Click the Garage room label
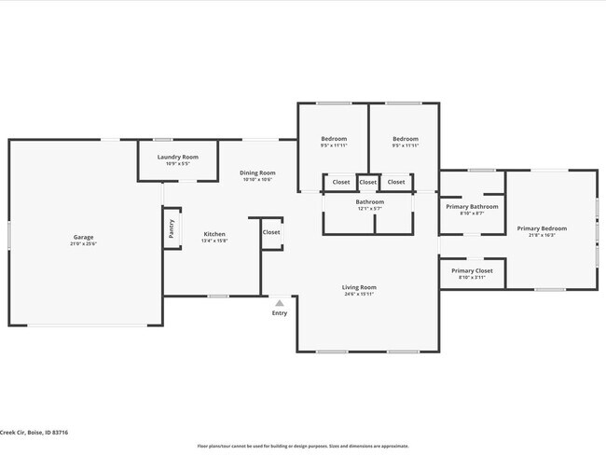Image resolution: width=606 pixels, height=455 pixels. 83,237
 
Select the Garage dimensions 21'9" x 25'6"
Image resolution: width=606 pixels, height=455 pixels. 83,244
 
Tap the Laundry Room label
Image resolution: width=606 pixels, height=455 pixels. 177,157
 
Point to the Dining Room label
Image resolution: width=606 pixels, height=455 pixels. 257,172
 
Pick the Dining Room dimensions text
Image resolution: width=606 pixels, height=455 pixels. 257,180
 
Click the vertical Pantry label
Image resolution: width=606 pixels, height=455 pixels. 172,228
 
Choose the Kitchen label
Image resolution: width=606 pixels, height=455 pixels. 214,233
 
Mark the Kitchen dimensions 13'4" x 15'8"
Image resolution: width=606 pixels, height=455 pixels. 214,241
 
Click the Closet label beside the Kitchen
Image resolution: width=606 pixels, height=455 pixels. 271,232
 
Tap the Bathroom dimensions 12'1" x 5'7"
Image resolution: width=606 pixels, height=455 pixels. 369,209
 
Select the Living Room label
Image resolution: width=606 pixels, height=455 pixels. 359,287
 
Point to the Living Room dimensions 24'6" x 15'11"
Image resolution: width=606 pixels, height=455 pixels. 359,295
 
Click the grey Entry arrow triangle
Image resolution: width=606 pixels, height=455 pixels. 279,303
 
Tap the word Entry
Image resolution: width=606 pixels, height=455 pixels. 280,313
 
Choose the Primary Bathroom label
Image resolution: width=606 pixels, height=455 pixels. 472,206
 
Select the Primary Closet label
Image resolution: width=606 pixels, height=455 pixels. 472,270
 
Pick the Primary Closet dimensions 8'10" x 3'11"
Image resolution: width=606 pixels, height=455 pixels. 472,278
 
